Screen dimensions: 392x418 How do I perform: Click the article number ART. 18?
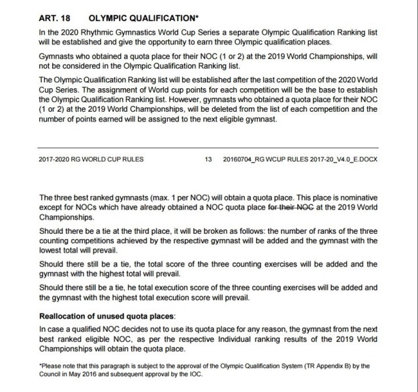coord(55,18)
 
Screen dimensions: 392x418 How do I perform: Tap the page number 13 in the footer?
coord(208,159)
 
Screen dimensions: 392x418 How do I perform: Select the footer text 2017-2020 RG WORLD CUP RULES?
coord(91,159)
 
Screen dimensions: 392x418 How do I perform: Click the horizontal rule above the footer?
coord(208,148)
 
